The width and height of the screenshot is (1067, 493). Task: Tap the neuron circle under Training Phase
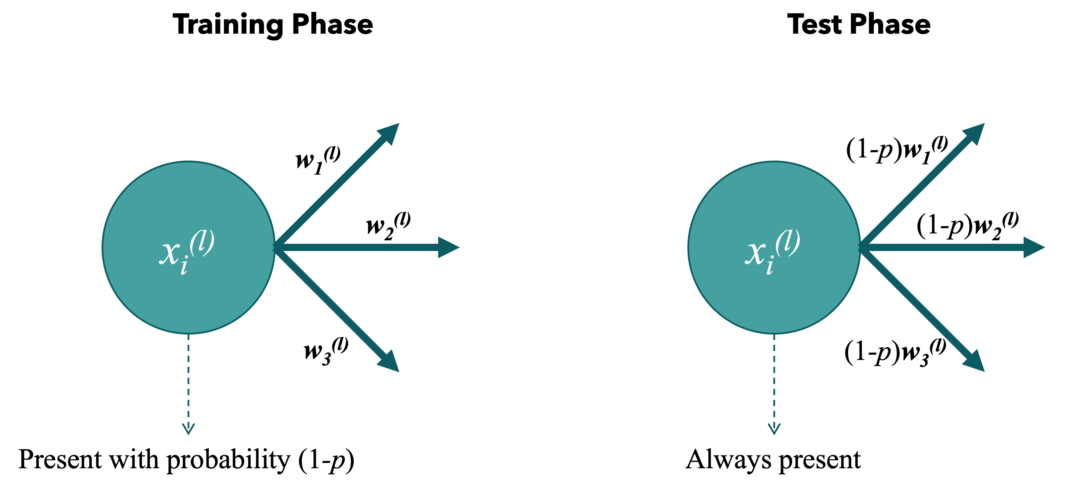188,247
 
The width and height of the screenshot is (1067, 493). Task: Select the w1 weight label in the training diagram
318,160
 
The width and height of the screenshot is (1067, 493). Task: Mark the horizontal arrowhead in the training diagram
449,247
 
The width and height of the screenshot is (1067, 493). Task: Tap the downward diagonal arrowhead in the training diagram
389,362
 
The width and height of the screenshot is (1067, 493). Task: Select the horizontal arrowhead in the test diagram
1034,247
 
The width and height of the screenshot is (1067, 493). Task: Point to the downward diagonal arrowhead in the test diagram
974,362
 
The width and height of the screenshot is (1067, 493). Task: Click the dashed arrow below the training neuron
188,384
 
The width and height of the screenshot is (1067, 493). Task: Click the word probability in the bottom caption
229,460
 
